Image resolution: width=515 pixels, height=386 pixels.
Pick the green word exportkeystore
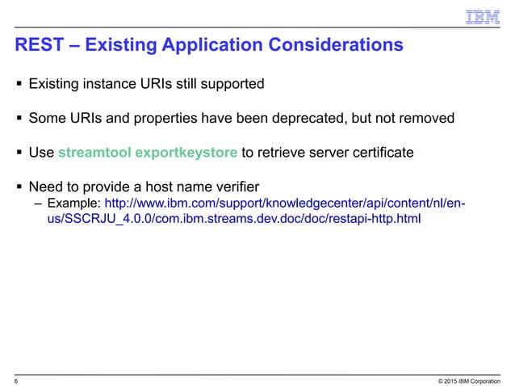coord(186,153)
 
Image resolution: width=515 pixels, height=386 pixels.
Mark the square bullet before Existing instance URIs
coord(18,83)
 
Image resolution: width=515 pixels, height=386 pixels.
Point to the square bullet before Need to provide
coord(18,188)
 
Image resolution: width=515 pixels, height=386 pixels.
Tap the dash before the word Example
coord(38,203)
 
